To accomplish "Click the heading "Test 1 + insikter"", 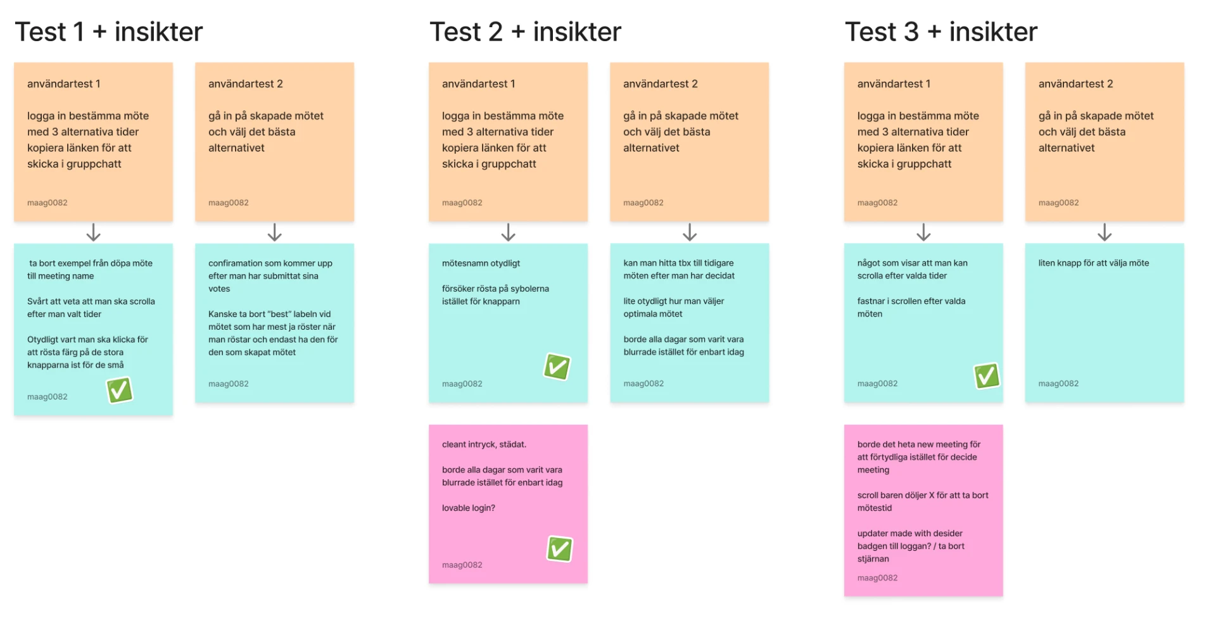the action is click(109, 32).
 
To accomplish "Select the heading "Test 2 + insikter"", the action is click(526, 32).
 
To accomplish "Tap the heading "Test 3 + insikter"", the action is click(941, 32).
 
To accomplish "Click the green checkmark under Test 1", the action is click(120, 390).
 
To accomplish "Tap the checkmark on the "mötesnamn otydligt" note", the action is click(557, 367).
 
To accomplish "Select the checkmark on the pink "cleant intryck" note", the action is click(560, 549).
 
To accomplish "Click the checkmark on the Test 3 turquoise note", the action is click(987, 375).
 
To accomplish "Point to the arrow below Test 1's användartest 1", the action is click(94, 232).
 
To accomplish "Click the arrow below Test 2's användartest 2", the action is click(690, 232).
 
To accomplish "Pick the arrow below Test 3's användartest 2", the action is click(1105, 232).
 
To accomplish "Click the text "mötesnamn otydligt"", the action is click(481, 263).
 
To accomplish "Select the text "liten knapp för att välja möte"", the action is click(1093, 263).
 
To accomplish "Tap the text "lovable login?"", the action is click(469, 508).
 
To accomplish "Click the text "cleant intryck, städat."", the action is click(484, 444).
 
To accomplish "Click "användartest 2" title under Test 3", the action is click(1075, 84).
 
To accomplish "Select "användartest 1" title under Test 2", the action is click(478, 84).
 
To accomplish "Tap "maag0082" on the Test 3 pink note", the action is click(877, 578).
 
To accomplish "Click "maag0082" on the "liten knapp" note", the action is click(1058, 384).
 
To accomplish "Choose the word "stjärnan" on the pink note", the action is click(873, 559).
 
